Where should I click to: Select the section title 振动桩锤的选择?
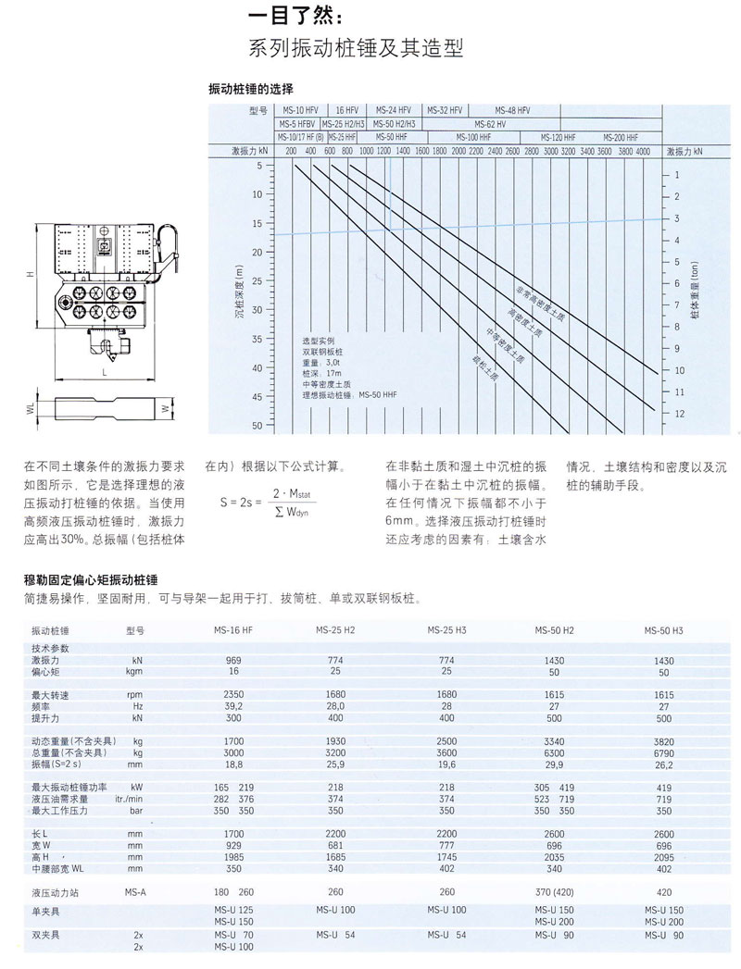[251, 89]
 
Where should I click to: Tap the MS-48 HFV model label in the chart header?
[511, 109]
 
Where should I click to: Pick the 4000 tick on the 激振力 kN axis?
[643, 150]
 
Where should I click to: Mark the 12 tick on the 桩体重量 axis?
[679, 413]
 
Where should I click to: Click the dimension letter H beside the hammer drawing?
[31, 275]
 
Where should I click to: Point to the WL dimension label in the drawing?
[30, 406]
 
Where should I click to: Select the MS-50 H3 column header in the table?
[663, 630]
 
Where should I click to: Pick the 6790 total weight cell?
[663, 752]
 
